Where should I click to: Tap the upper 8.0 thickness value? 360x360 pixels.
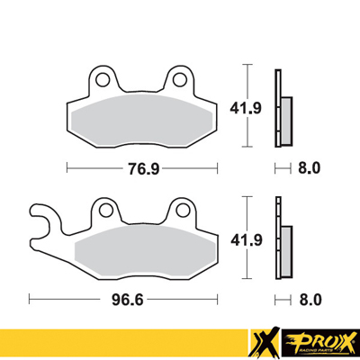(x=310, y=166)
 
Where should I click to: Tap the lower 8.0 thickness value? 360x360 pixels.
(x=310, y=296)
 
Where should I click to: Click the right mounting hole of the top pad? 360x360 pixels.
(x=181, y=80)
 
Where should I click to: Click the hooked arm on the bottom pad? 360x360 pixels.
(x=40, y=216)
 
